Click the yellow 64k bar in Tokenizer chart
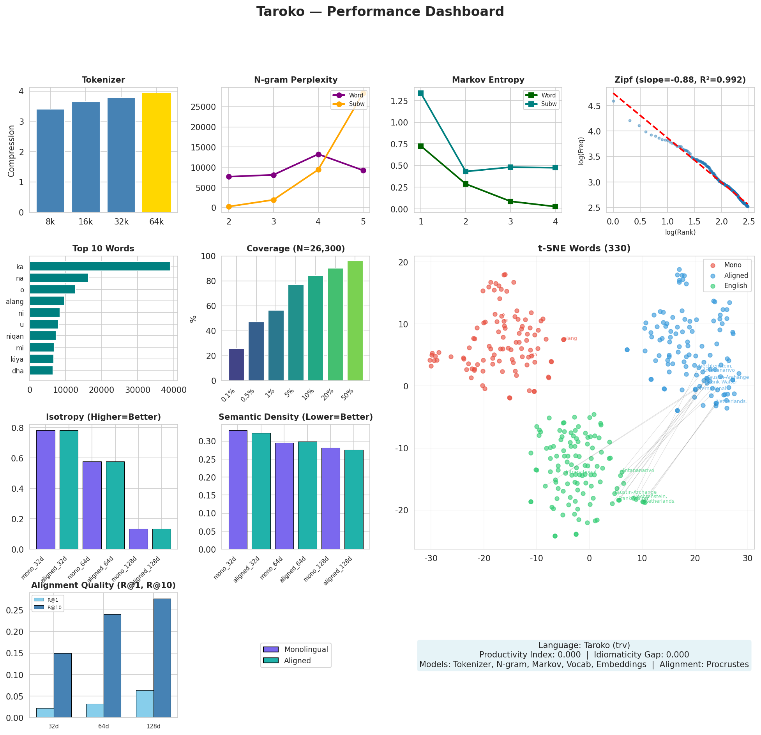[156, 153]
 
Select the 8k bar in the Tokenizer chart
[50, 161]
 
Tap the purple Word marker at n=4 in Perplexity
[318, 154]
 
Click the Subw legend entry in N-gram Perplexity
[356, 104]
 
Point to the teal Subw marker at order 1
[421, 93]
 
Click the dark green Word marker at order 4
[555, 207]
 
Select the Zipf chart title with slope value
[680, 80]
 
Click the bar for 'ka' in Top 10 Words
[100, 267]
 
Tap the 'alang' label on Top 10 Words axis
[15, 302]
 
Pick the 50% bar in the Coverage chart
[355, 321]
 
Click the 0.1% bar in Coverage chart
[236, 365]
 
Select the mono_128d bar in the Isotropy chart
[138, 539]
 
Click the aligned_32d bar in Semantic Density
[261, 491]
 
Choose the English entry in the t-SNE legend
[735, 286]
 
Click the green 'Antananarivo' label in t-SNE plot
[638, 470]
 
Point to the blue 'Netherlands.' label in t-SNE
[731, 401]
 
